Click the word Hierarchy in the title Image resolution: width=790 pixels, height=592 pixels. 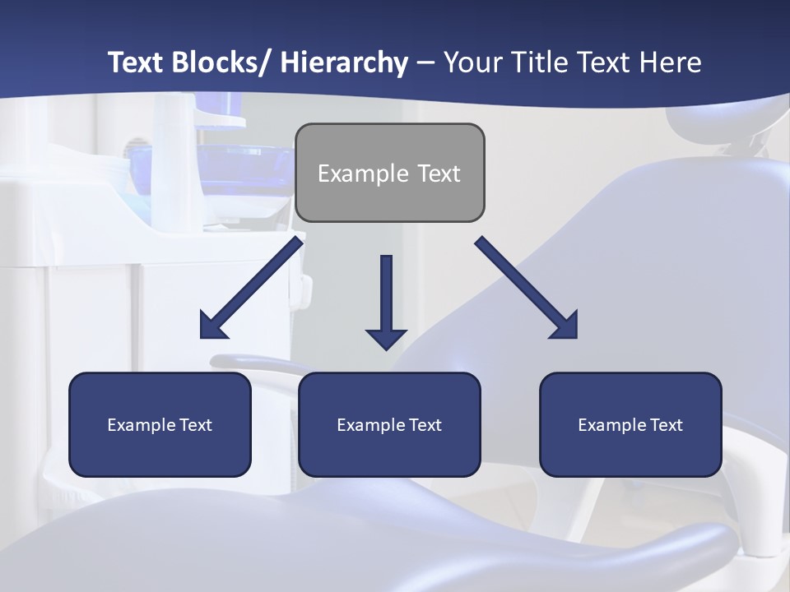(x=344, y=62)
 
